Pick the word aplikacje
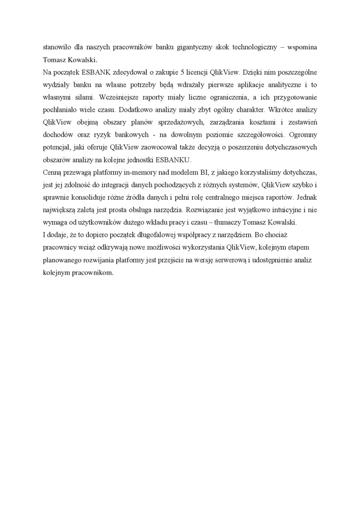pos(249,85)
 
